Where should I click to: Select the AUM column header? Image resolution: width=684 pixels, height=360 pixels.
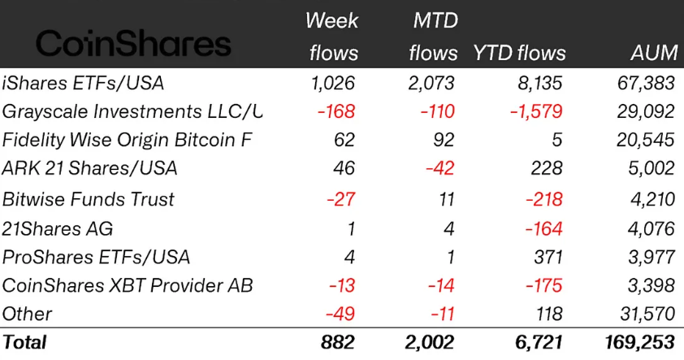pos(654,53)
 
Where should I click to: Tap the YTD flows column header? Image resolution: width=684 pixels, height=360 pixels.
pos(519,53)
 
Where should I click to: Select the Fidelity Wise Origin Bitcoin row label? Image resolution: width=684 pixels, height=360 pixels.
pos(127,140)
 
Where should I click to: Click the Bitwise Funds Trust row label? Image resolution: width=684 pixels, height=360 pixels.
pos(88,199)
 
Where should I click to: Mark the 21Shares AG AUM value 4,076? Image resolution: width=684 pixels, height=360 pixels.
pos(650,228)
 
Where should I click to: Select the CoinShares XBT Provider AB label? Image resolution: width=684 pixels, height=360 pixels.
pos(127,286)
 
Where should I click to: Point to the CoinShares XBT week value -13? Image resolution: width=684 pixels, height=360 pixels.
pos(340,286)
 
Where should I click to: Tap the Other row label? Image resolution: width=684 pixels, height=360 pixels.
pos(27,314)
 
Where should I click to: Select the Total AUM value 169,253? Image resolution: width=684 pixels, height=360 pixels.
pos(638,343)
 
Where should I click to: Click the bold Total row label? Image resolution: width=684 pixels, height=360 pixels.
pos(25,343)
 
